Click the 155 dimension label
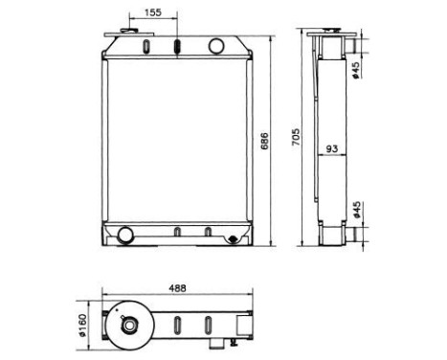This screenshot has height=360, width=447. tap(153, 12)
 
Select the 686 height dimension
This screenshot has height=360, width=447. tap(265, 141)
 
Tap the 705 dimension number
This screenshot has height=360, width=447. tap(296, 137)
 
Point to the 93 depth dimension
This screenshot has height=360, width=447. tap(332, 148)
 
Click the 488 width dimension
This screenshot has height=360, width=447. tap(177, 288)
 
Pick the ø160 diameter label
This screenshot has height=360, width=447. tap(82, 326)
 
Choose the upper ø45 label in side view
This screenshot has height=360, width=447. tap(355, 70)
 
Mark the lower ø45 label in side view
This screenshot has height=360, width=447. tap(356, 210)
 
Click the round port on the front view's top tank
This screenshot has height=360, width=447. tap(216, 46)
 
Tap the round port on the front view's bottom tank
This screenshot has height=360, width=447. tap(125, 235)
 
